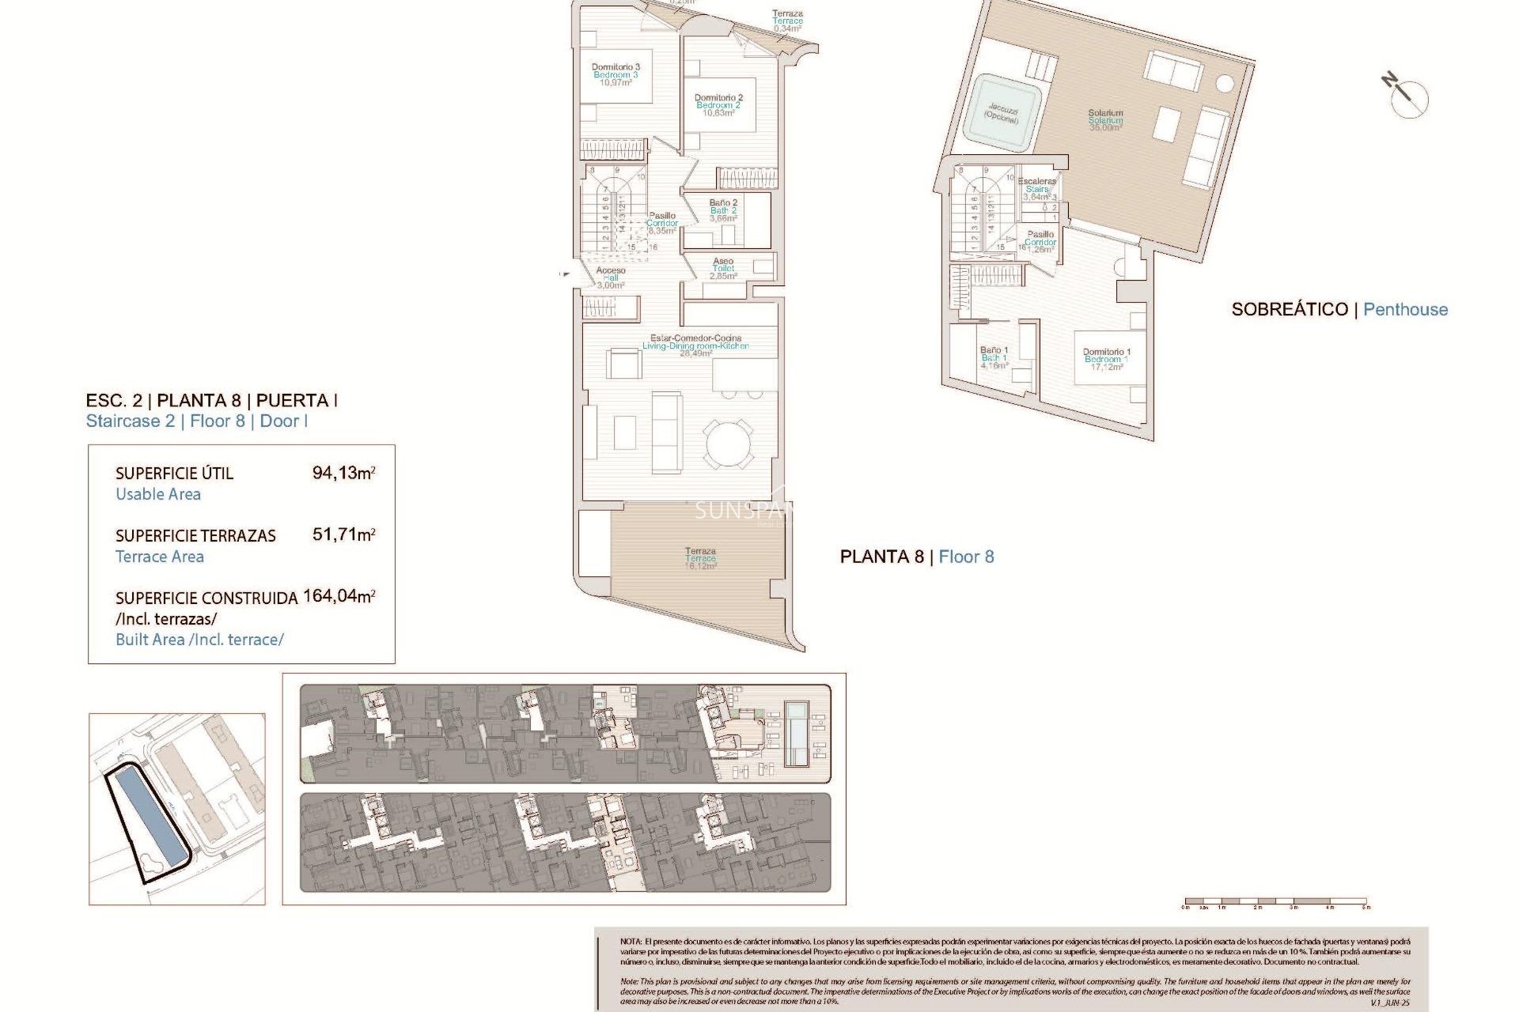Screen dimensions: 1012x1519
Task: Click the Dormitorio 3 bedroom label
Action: (616, 74)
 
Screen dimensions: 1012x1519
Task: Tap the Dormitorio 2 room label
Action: (718, 105)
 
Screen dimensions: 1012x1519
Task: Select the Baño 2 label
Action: (723, 210)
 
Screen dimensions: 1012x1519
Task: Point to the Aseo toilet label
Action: (723, 268)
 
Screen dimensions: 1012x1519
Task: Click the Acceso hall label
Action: (610, 278)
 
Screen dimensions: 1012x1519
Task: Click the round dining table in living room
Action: (729, 444)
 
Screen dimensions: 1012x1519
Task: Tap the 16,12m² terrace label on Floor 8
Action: (700, 558)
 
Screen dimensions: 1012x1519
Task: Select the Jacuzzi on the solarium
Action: (1002, 113)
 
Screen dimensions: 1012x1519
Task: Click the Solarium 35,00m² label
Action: (1105, 120)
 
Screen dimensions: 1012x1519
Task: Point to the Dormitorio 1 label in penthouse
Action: (1106, 359)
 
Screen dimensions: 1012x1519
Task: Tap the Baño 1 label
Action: (994, 357)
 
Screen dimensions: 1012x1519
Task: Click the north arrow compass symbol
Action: (1407, 96)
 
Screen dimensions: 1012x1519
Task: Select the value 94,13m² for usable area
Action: (343, 473)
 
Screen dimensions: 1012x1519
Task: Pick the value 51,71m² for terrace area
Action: (343, 534)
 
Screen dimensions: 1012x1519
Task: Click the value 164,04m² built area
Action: (339, 596)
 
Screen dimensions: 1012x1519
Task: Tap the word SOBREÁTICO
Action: (1289, 310)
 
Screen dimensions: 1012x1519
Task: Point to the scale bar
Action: (1275, 901)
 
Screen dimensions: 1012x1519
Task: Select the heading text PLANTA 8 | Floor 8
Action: (916, 557)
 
